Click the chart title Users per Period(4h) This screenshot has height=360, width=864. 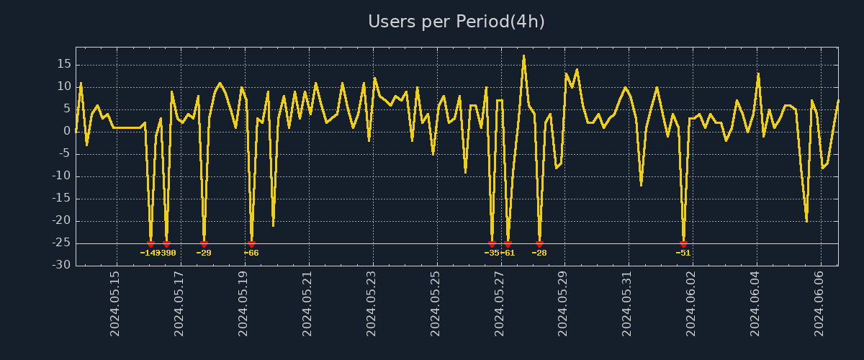point(456,22)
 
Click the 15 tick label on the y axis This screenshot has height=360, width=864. point(63,64)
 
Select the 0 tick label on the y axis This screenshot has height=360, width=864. point(67,131)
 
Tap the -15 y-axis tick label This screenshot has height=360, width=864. point(62,199)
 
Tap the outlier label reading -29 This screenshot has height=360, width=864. point(204,253)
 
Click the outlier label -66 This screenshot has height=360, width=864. point(251,253)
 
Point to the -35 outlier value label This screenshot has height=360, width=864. point(491,253)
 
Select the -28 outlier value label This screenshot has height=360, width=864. point(539,253)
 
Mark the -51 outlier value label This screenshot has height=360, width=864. point(683,253)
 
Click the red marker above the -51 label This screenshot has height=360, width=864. point(683,244)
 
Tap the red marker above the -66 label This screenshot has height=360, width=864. point(251,244)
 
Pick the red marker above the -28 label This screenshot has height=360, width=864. point(539,244)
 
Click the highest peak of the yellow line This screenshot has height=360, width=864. point(523,55)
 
